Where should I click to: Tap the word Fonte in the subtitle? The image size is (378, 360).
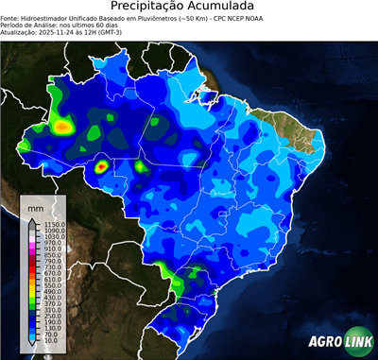click(11, 17)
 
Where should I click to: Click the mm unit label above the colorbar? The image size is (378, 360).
click(36, 205)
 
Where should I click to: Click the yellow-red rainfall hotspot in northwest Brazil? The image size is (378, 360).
click(64, 125)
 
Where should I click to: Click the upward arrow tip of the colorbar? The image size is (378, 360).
click(32, 218)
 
